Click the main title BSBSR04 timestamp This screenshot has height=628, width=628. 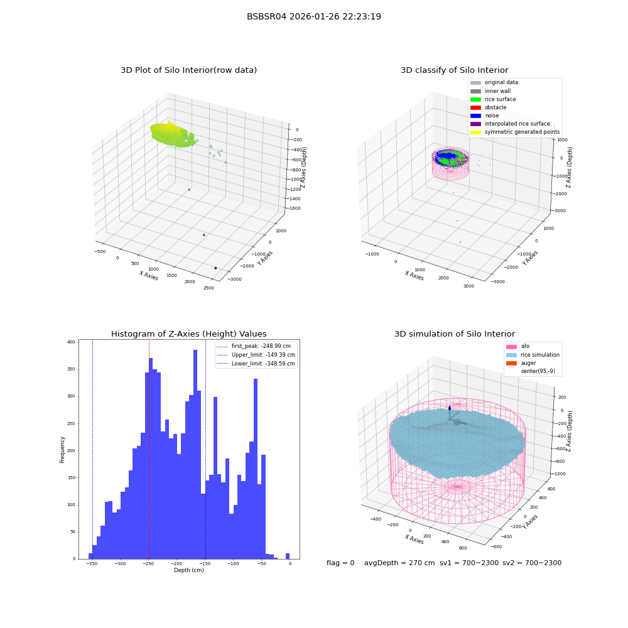point(313,16)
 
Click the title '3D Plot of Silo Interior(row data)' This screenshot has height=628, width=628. point(188,70)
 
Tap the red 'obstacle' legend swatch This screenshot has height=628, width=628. point(475,108)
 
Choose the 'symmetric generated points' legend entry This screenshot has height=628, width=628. point(515,132)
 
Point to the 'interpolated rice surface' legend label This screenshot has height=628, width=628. point(517,124)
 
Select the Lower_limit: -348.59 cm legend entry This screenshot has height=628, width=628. point(256,364)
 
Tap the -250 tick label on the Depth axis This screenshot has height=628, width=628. point(149,563)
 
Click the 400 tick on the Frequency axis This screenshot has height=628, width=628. point(71,342)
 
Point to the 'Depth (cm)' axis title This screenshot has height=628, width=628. point(189,570)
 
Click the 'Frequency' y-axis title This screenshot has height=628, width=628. point(62,450)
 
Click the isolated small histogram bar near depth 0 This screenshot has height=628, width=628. point(288,556)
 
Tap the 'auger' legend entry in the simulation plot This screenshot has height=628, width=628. point(521,363)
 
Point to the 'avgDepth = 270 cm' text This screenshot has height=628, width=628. point(399,563)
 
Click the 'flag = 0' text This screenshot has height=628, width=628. point(340,563)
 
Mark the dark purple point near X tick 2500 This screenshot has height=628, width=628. point(215,268)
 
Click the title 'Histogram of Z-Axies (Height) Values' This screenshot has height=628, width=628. point(188,334)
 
